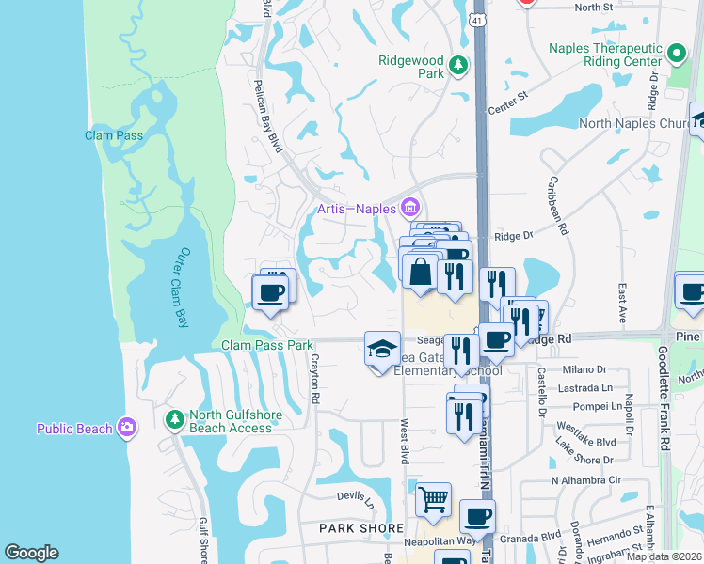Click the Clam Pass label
coord(114,135)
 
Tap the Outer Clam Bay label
coord(184,288)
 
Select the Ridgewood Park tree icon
coord(457,65)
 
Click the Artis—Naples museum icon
coord(409,207)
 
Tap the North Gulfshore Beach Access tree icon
coord(173,417)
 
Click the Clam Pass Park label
coord(266,345)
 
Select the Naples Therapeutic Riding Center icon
coord(676,53)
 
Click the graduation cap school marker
coord(380,350)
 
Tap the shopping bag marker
coord(422,270)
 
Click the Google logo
coord(32,554)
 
